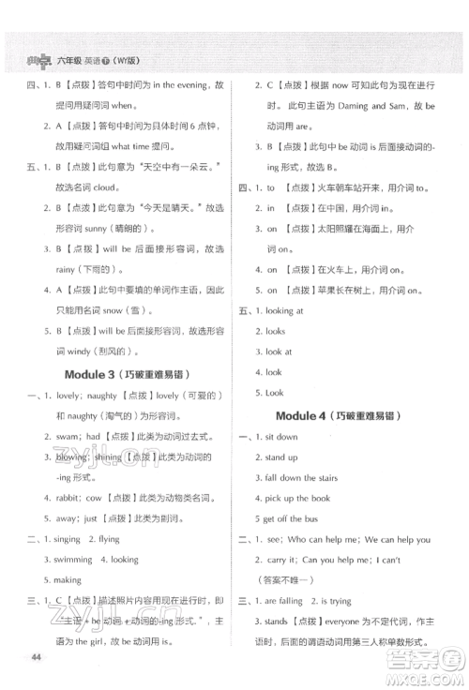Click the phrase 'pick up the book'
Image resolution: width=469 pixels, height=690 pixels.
tap(297, 498)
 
